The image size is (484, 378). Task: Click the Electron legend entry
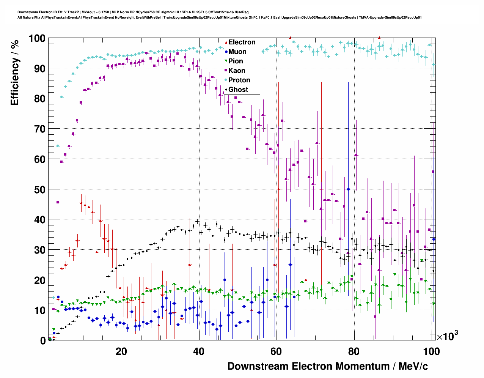point(242,42)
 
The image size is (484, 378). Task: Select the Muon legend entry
point(237,52)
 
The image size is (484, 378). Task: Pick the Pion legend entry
point(236,61)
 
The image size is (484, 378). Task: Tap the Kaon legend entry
point(237,71)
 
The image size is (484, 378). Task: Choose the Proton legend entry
point(239,80)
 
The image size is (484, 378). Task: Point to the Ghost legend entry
point(238,90)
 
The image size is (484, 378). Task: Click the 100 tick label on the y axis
point(37,38)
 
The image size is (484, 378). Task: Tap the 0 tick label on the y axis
point(43,341)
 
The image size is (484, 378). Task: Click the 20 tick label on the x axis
point(121,351)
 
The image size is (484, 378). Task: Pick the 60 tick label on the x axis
point(276,351)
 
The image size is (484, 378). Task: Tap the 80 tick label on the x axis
point(354,351)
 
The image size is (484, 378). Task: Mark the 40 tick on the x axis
point(199,351)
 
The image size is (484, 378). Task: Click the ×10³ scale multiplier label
point(447,336)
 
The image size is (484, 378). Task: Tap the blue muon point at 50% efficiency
point(348,189)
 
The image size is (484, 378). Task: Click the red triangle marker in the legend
point(226,42)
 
